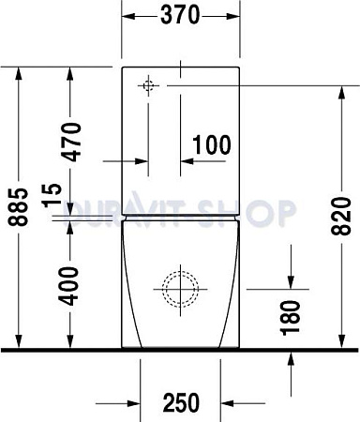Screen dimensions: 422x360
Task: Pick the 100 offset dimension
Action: coord(211,144)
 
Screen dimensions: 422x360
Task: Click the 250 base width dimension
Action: coord(180,402)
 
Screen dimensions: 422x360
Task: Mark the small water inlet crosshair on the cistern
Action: coord(148,85)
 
